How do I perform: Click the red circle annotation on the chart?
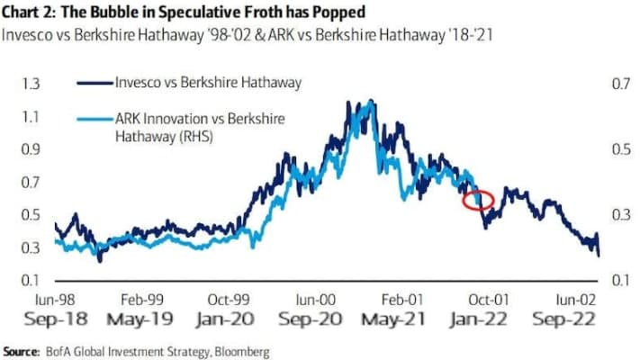coord(478,200)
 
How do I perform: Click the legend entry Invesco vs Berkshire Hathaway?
coord(206,83)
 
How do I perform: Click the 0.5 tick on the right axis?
coord(620,148)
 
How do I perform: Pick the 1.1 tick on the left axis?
coord(32,116)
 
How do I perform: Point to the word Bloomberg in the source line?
coord(240,349)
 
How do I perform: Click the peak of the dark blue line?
coord(347,102)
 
